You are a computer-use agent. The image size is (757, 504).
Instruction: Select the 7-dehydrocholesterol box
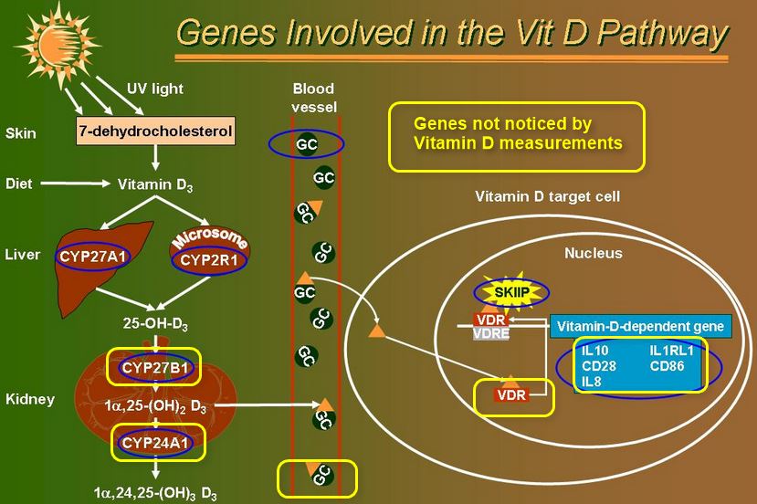coord(155,131)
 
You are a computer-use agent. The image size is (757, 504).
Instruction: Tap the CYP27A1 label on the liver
coord(92,257)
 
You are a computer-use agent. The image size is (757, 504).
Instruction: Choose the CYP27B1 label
coord(154,368)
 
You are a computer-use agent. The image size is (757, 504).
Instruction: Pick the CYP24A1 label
coord(154,444)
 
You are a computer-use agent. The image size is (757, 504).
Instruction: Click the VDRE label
coord(491,333)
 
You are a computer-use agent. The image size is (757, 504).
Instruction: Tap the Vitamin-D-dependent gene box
coord(640,326)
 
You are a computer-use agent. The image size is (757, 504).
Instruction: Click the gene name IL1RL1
coord(673,350)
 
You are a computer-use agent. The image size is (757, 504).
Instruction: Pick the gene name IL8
coord(592,382)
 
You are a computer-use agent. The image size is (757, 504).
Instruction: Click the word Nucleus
coord(593,253)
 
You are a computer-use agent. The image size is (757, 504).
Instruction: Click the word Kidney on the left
coord(30,399)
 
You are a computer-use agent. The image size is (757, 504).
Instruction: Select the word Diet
coord(19,184)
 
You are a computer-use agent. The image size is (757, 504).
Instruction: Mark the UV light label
coord(154,89)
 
